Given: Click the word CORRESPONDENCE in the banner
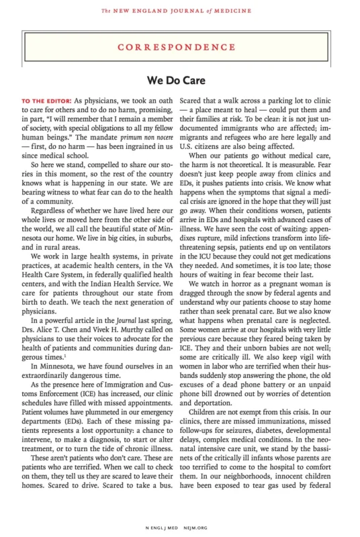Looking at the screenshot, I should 179,48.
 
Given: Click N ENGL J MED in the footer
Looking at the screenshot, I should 164,528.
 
